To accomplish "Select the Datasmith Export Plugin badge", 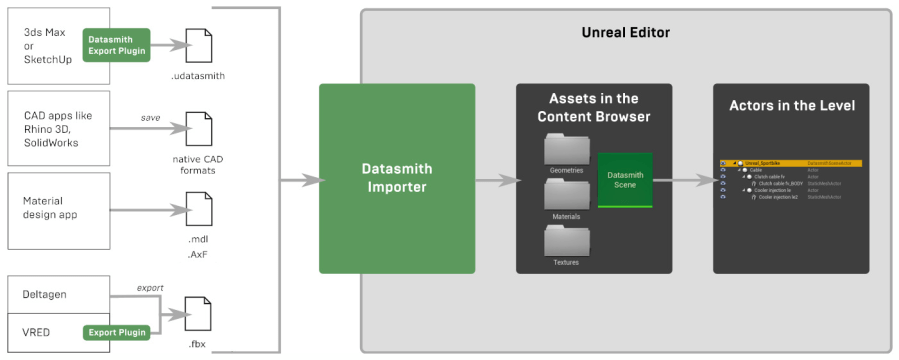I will pos(116,45).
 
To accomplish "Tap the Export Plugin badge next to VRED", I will pos(116,331).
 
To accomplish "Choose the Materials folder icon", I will pos(566,195).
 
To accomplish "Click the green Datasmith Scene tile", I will pos(625,180).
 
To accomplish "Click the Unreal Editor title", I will pos(625,32).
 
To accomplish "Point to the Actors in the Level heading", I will pos(791,105).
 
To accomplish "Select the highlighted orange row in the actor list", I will pos(790,162).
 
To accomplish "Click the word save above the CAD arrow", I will pos(150,117).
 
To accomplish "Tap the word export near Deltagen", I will pos(150,288).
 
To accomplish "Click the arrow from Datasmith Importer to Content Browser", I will pos(494,181).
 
